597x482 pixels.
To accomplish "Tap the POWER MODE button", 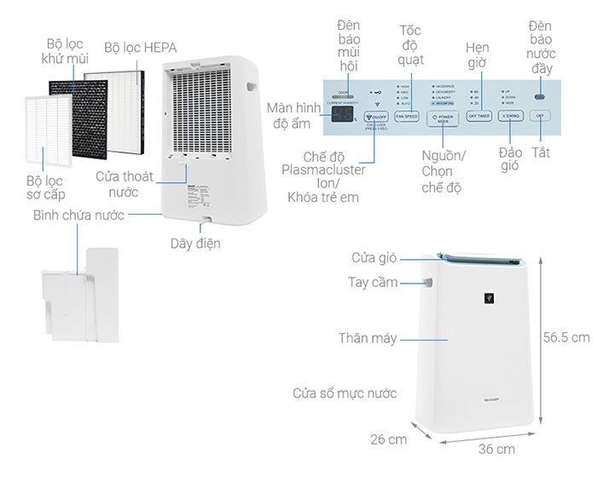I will point(443,117).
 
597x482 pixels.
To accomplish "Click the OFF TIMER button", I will point(478,116).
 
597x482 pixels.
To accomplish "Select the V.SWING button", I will point(510,116).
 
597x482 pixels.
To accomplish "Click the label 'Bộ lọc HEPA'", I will point(141,48).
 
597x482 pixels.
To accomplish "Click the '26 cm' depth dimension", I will point(389,439).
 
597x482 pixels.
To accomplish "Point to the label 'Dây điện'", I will point(195,244).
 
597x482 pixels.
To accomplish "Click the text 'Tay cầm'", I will point(373,283).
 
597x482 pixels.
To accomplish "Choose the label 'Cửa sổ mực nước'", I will point(344,393).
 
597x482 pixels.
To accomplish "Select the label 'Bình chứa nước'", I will point(78,215).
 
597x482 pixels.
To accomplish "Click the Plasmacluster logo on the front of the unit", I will point(488,299).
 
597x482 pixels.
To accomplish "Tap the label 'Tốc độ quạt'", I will point(410,44).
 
